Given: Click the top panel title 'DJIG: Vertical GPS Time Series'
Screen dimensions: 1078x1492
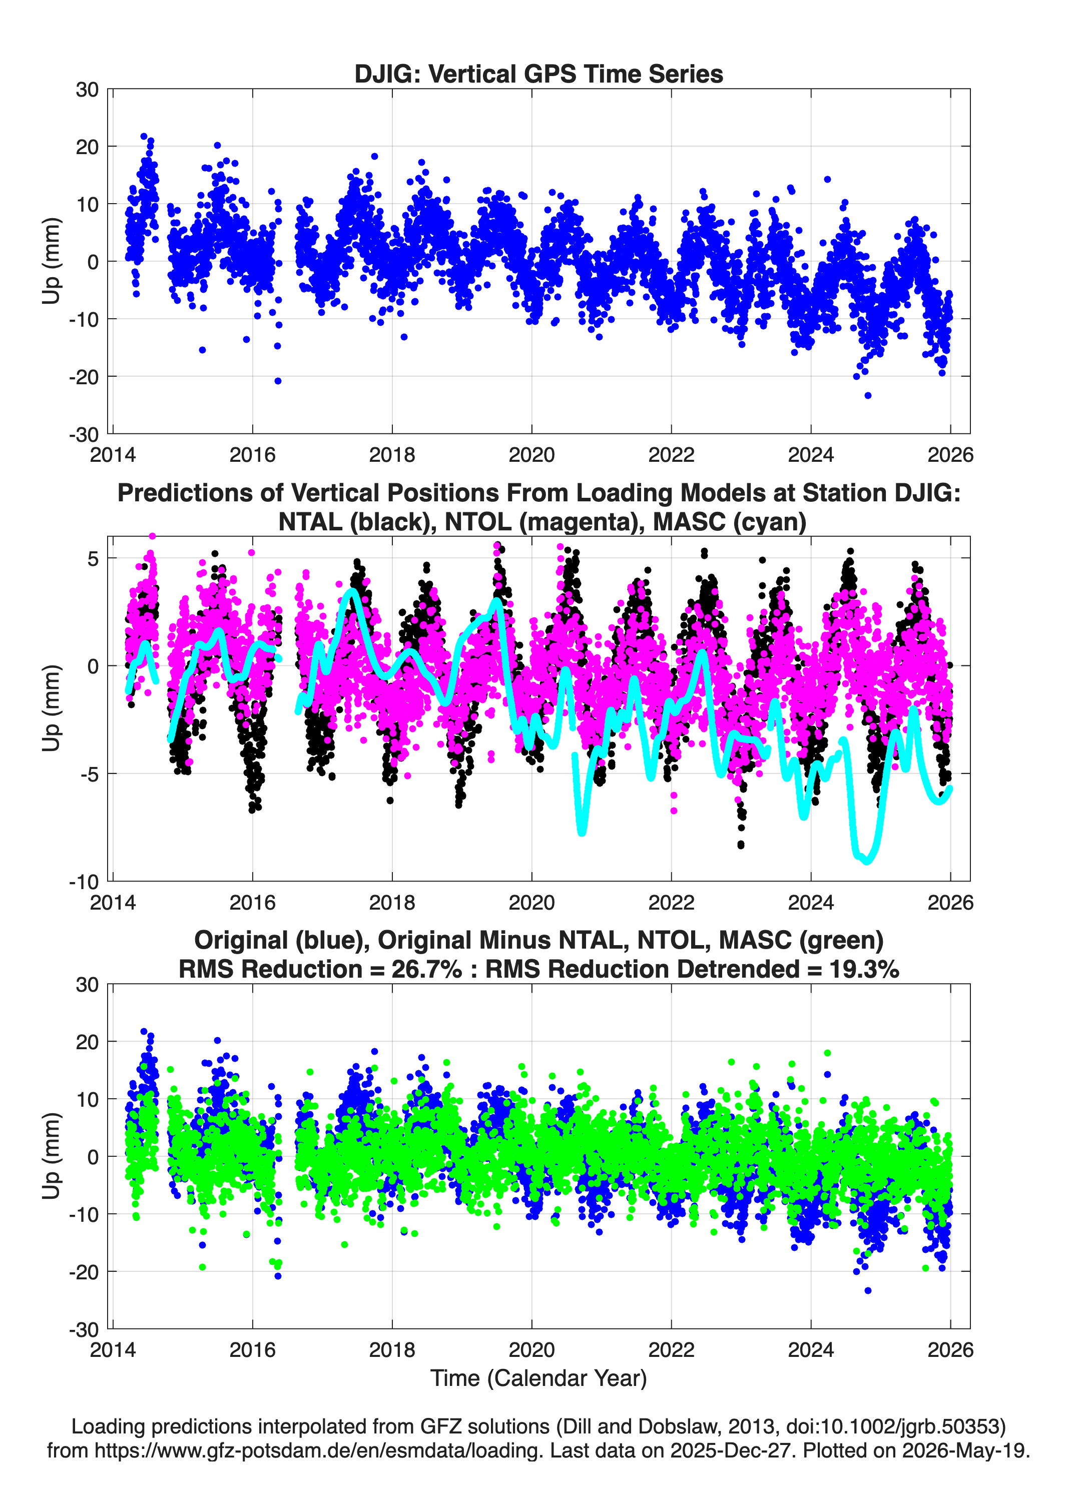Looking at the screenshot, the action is (x=538, y=74).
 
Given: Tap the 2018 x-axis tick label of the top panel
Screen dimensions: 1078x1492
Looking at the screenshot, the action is (x=392, y=455).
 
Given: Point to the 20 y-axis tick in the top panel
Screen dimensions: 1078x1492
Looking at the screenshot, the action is (x=88, y=147).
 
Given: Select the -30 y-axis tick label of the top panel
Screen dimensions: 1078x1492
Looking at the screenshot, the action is (x=84, y=434).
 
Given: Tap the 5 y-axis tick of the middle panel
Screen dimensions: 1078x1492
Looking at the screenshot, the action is (x=93, y=558).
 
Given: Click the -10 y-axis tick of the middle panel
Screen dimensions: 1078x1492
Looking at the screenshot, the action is (x=84, y=882).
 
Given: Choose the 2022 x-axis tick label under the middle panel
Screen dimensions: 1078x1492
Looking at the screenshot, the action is (x=671, y=902).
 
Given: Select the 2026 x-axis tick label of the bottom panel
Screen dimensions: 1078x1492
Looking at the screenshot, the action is (x=950, y=1349).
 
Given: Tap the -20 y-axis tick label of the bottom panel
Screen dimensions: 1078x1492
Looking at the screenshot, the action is (x=84, y=1272).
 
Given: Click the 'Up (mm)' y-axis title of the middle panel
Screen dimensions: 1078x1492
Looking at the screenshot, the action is (x=52, y=708).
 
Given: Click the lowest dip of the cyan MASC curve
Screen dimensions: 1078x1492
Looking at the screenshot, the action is (x=867, y=861).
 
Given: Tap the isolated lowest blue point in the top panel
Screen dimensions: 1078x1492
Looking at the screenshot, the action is (x=868, y=395).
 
